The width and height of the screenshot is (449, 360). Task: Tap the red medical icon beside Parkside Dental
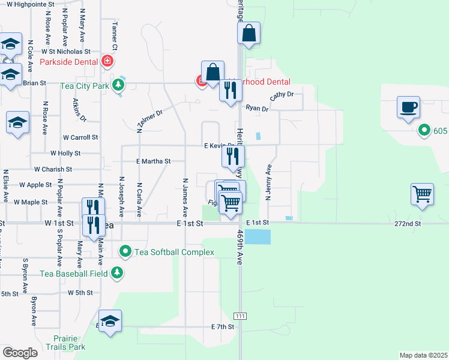(x=107, y=61)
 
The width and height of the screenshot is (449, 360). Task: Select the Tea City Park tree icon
(x=118, y=85)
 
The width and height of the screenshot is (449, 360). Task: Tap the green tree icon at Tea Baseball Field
(x=118, y=274)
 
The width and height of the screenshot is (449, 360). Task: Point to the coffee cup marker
(x=408, y=108)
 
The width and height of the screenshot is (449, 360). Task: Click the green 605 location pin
(x=424, y=130)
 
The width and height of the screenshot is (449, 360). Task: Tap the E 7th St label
(x=221, y=326)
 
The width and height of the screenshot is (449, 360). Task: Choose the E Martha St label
(x=154, y=161)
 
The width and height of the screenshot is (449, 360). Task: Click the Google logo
(x=20, y=353)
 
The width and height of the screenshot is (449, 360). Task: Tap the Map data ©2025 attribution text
(x=423, y=355)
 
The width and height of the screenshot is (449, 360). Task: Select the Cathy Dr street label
(x=282, y=95)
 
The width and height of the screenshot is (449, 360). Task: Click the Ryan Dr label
(x=256, y=108)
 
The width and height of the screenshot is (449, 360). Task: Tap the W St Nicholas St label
(x=65, y=52)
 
